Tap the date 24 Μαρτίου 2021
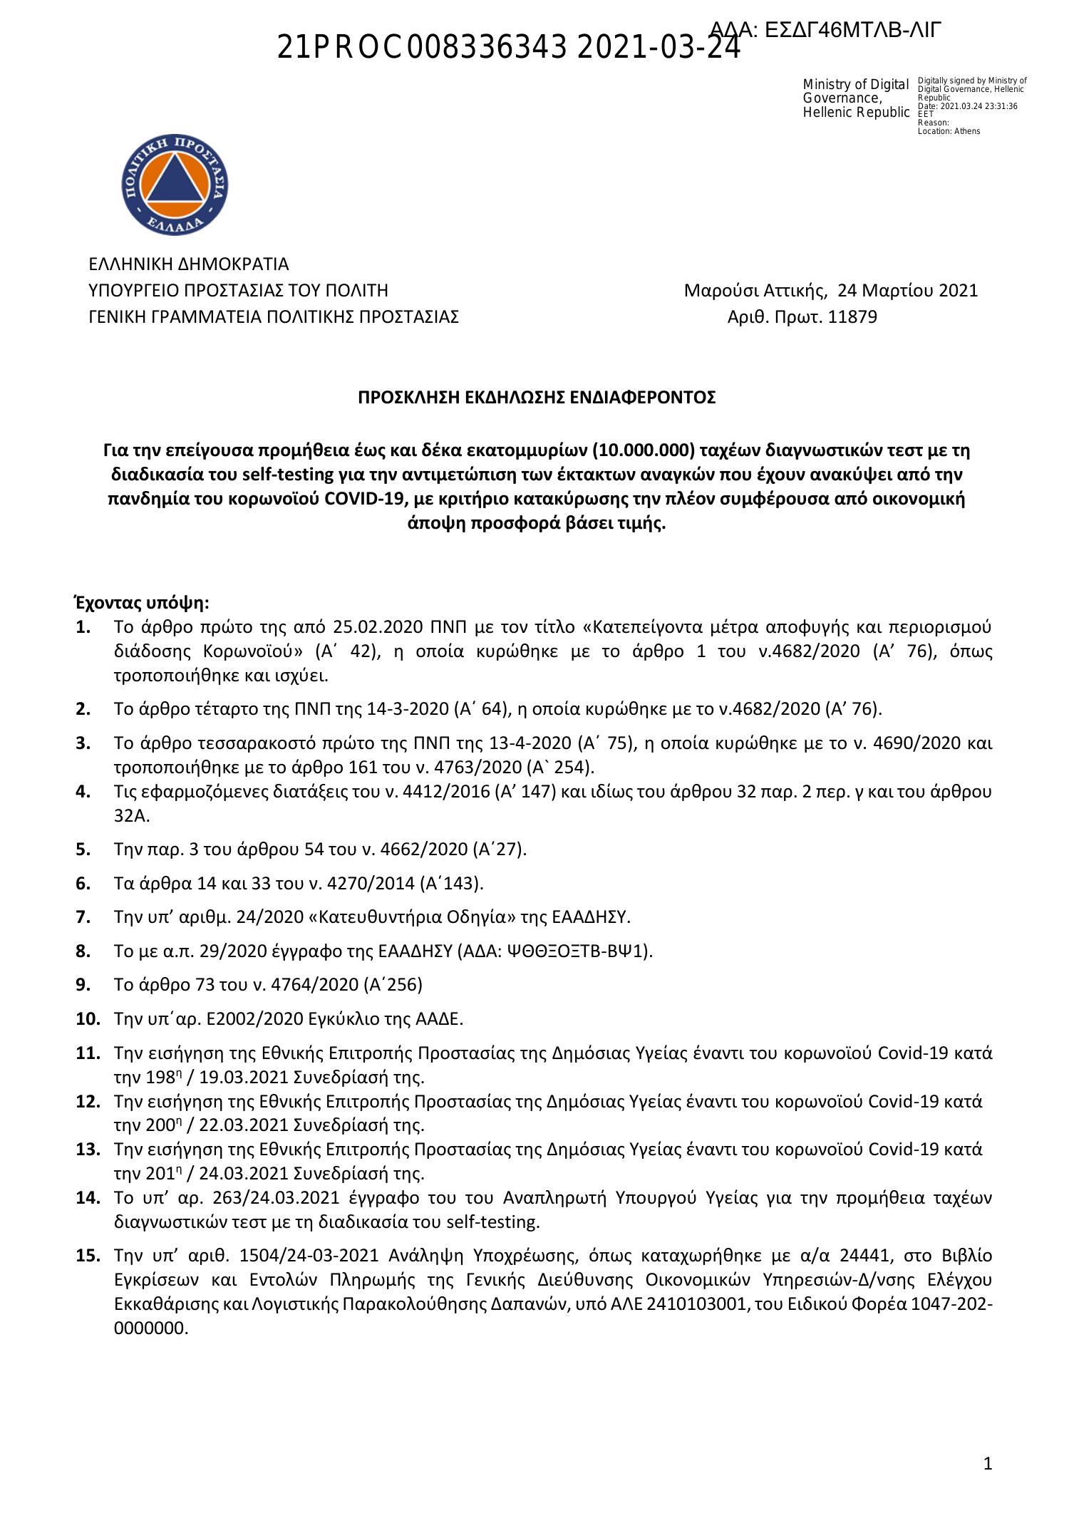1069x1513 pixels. tap(907, 291)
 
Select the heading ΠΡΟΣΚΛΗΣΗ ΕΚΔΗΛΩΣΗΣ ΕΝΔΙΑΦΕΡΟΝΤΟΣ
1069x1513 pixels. tap(537, 398)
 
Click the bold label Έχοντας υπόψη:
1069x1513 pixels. tap(143, 604)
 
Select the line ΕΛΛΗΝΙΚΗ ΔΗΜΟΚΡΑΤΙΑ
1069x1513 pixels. tap(188, 264)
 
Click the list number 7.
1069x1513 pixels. tap(83, 916)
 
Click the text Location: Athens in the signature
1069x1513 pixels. tap(949, 131)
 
